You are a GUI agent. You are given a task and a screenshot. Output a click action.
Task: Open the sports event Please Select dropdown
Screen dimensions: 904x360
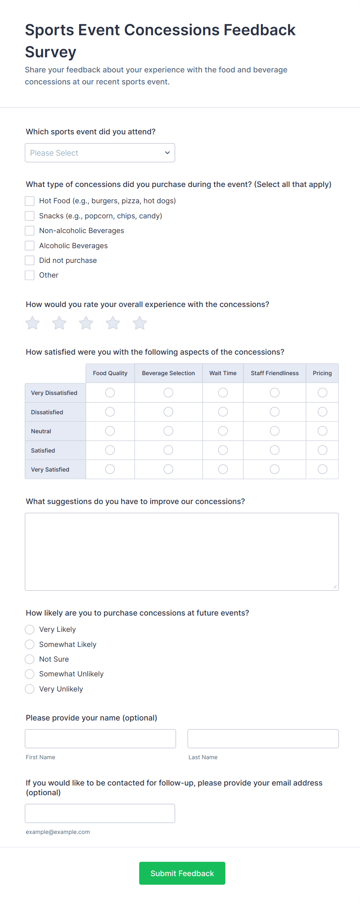(x=100, y=153)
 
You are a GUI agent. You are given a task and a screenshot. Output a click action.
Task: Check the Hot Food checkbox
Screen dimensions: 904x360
(x=30, y=201)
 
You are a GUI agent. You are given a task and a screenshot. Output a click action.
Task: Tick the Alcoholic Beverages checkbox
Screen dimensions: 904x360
(x=30, y=245)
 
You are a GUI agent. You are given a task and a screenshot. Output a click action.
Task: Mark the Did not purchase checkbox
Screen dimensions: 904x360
(x=30, y=260)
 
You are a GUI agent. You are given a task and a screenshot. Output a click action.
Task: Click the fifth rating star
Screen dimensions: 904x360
(x=140, y=323)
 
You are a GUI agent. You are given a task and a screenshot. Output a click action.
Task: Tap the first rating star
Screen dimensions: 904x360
(x=33, y=323)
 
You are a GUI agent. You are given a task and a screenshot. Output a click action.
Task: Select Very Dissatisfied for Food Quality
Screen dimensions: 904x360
(x=110, y=393)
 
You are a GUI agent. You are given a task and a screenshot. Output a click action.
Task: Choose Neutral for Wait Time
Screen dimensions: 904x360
(x=223, y=431)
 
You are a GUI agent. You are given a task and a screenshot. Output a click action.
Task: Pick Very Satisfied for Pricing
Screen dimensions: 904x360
(x=322, y=469)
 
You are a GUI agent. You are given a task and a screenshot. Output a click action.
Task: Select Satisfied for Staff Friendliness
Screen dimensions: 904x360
(x=275, y=450)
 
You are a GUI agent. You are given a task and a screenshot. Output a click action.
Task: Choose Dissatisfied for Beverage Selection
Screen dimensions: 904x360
(x=168, y=412)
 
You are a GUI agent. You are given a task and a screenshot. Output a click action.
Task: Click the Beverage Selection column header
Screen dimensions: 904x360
(x=168, y=373)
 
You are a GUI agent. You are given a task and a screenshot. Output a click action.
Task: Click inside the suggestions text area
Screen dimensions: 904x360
(x=182, y=552)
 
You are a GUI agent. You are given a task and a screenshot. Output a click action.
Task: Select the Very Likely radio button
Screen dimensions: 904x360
(x=30, y=630)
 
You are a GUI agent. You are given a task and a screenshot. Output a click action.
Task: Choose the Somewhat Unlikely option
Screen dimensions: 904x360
(x=30, y=674)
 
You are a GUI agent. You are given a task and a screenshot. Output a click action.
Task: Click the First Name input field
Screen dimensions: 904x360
(x=100, y=739)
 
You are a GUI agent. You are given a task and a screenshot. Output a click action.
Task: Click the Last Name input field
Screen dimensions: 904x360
(x=263, y=739)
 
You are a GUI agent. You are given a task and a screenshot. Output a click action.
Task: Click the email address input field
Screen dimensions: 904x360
(x=100, y=813)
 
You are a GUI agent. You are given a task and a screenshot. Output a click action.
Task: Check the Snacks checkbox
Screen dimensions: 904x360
(x=30, y=216)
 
